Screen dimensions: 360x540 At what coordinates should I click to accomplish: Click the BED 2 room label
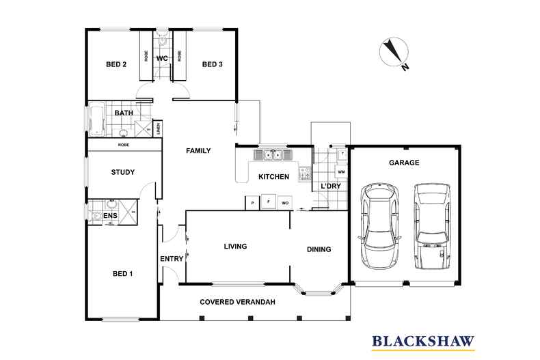(x=116, y=65)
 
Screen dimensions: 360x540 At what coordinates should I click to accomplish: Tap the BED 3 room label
(x=212, y=65)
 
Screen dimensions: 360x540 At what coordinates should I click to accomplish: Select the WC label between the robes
(x=162, y=59)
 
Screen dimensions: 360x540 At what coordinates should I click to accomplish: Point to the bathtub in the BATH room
(x=95, y=119)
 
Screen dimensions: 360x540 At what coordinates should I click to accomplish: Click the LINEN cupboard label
(x=157, y=128)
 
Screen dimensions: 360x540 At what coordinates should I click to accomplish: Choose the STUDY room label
(x=122, y=173)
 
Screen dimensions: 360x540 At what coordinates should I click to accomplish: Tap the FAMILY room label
(x=198, y=151)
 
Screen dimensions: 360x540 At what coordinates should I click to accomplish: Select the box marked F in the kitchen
(x=269, y=203)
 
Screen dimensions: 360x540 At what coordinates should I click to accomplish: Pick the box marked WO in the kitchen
(x=285, y=203)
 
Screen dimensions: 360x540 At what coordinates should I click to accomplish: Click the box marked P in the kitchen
(x=252, y=203)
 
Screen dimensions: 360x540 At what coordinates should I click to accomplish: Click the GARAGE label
(x=403, y=163)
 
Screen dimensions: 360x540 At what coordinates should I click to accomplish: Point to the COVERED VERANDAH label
(x=237, y=301)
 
